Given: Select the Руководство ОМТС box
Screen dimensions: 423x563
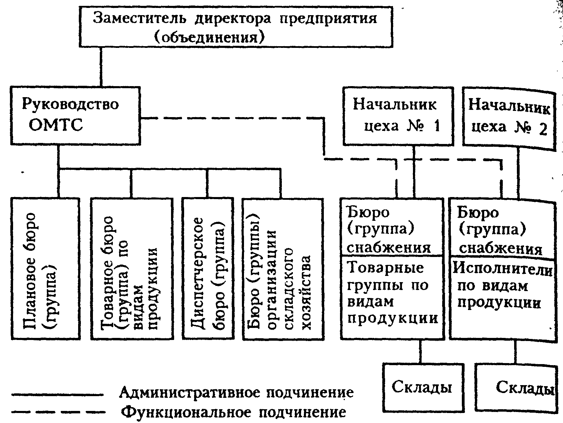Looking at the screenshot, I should pyautogui.click(x=75, y=115).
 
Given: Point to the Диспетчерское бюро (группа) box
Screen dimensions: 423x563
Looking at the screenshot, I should pyautogui.click(x=209, y=269).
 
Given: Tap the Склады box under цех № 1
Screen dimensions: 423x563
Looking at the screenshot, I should pyautogui.click(x=421, y=388).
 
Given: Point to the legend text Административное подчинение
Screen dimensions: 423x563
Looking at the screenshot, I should pyautogui.click(x=236, y=392).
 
